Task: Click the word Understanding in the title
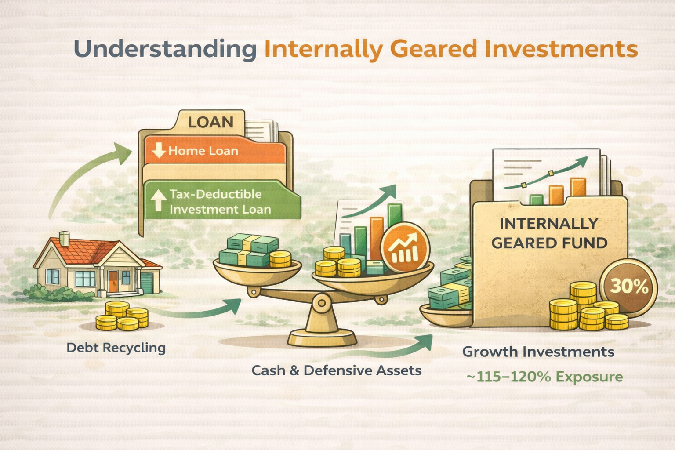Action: click(x=165, y=49)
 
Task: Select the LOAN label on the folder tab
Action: click(x=210, y=122)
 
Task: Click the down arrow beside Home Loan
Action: click(x=158, y=150)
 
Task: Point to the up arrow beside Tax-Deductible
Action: click(x=158, y=201)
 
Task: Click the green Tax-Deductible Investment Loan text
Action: click(x=220, y=202)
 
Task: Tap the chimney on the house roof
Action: click(x=64, y=239)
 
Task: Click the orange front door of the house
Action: click(x=113, y=281)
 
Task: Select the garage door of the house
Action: click(x=146, y=283)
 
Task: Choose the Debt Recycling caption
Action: click(x=116, y=348)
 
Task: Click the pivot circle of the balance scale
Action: click(x=322, y=302)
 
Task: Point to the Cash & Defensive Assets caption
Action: click(x=336, y=370)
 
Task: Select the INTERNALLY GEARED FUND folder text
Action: click(x=549, y=233)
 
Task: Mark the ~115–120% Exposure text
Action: click(x=544, y=377)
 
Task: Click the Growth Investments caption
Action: click(x=538, y=352)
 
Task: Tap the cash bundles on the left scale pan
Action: click(x=248, y=250)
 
